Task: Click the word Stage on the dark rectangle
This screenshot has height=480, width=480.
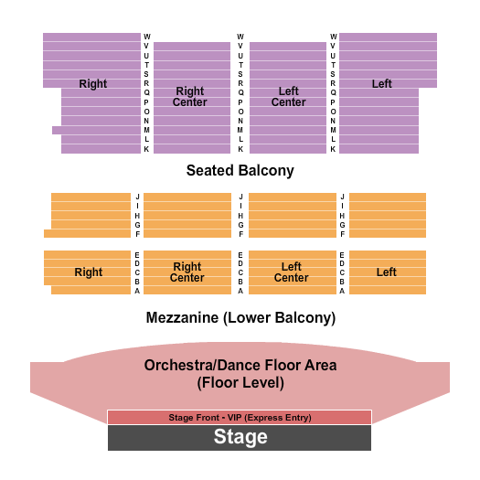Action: coord(240,437)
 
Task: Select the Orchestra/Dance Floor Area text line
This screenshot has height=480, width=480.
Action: coord(240,365)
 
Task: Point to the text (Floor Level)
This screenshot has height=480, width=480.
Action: coord(240,383)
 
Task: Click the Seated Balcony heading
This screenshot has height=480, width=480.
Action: coord(240,170)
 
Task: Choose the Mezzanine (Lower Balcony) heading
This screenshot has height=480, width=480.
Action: coord(240,318)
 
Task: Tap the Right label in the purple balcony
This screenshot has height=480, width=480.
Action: coord(92,84)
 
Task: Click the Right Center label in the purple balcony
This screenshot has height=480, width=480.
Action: coord(189,96)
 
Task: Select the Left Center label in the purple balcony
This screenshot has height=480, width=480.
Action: coord(288,96)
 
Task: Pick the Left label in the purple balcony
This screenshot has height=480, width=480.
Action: coord(381,84)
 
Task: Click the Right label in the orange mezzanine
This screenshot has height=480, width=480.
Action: coord(89,272)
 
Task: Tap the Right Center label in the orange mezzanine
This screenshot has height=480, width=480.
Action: coord(187,272)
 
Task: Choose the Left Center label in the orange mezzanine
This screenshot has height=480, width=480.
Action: coord(291,272)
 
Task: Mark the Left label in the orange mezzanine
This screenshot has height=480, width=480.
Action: coord(386,272)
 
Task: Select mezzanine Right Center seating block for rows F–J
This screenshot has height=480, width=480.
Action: coord(187,215)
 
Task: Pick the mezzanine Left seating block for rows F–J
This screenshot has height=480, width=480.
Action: coord(388,215)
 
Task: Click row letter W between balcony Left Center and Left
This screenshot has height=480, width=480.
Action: coord(334,37)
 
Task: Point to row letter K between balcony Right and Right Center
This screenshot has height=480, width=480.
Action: coord(146,149)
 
